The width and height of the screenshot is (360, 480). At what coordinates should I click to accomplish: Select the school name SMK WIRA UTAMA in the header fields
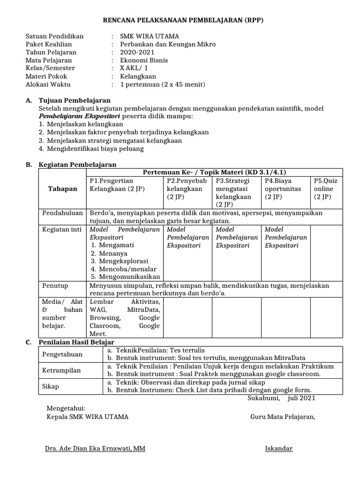pos(149,36)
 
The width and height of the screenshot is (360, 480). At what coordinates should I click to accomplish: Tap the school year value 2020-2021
pos(137,52)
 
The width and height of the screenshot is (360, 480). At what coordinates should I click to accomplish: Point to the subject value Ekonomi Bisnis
pos(143,60)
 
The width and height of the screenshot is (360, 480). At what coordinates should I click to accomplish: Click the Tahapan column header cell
pos(62,188)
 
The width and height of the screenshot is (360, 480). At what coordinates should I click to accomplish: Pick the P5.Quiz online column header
pos(325,188)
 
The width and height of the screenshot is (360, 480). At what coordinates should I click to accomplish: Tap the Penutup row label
pos(55,285)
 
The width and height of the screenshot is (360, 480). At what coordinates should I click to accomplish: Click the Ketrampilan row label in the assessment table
pos(61,370)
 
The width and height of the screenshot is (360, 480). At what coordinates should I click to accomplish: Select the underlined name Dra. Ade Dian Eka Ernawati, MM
pos(95,449)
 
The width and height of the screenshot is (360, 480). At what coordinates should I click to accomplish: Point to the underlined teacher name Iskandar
pos(278,449)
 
